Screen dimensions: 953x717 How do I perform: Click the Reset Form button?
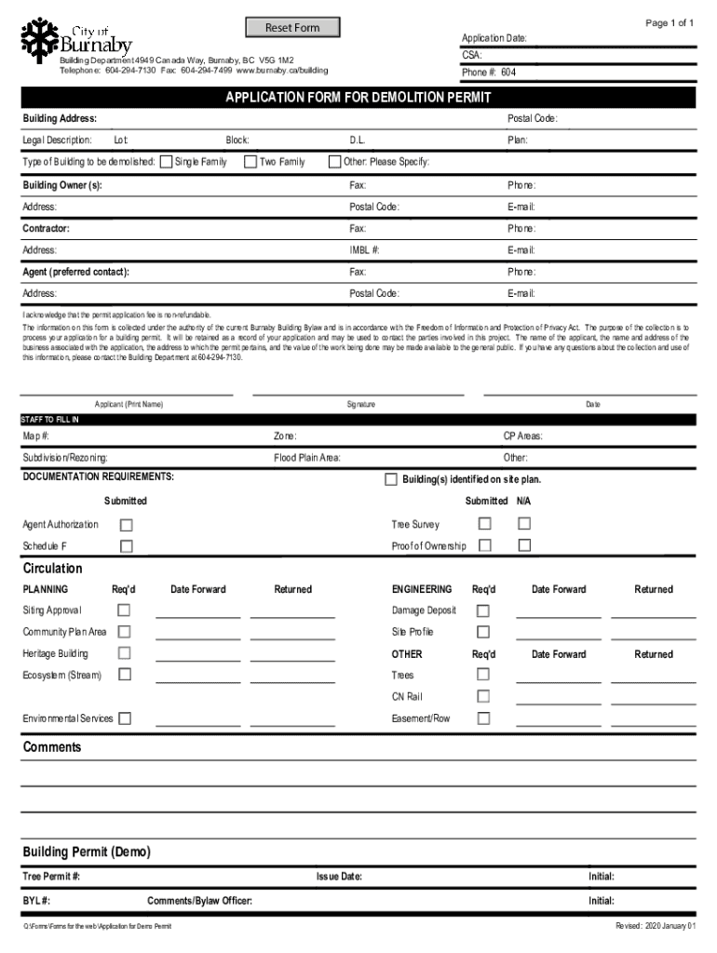point(292,28)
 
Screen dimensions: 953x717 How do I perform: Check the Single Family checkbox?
point(167,162)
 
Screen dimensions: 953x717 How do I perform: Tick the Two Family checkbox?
point(250,162)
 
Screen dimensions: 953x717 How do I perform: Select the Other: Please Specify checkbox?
point(335,162)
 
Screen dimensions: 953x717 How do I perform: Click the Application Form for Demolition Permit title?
point(358,98)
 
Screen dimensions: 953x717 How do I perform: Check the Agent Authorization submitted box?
point(126,525)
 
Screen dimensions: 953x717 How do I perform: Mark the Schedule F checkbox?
point(126,546)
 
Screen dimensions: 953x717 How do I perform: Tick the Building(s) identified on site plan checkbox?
point(391,479)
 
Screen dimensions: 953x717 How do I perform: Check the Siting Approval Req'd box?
point(124,611)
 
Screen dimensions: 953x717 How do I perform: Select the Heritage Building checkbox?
point(124,654)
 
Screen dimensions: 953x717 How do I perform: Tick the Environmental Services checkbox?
point(125,718)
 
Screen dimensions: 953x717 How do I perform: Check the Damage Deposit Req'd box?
point(483,611)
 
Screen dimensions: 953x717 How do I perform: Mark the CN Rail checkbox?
point(483,696)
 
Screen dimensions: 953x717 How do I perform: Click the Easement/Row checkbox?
point(483,718)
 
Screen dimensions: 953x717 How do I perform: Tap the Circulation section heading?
point(52,569)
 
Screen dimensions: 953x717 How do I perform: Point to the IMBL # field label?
point(364,250)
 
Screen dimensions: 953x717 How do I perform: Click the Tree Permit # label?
point(51,877)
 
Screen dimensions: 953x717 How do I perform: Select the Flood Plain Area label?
point(306,458)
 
